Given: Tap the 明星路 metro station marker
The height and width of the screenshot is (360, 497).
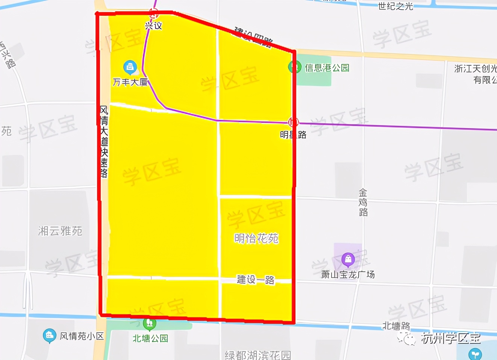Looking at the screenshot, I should (293, 122).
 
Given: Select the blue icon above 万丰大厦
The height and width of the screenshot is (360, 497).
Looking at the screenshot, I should (130, 67).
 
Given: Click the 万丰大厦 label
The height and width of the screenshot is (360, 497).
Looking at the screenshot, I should (130, 82).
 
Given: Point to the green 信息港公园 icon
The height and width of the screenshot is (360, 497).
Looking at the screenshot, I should (294, 68).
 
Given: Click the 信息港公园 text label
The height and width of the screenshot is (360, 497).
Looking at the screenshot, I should (327, 68).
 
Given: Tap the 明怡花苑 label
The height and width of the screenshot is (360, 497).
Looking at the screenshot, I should (256, 238).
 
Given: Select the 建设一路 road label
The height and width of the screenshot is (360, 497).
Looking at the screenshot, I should (256, 280).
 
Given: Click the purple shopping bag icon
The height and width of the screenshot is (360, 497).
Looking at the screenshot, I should (348, 259).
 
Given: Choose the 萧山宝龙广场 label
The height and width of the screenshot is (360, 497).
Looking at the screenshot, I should (348, 275).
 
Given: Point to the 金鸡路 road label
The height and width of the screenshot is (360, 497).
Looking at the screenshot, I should (363, 203).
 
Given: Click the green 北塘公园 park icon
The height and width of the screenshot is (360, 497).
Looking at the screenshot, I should (150, 324).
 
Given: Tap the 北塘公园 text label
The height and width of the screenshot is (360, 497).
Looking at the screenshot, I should (150, 339).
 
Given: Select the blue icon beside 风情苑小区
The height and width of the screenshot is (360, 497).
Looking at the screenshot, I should (49, 336).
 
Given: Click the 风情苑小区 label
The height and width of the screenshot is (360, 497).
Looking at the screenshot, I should (82, 336).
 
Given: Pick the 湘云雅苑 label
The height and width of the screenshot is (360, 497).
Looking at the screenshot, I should (60, 231).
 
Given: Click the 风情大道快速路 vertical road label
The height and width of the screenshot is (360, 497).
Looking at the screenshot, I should (104, 142).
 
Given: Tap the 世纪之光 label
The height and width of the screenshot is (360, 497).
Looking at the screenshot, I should (395, 6).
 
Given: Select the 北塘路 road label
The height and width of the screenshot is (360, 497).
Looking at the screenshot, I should (396, 325).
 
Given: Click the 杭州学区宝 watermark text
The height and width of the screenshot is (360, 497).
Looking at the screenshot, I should (450, 338).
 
